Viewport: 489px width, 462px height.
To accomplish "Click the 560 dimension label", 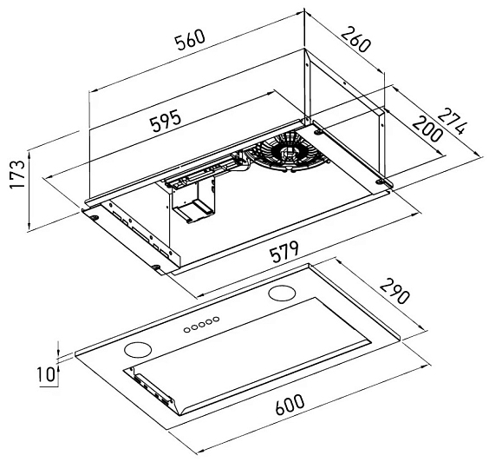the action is [190, 40].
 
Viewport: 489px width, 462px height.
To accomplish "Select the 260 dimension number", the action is [355, 40].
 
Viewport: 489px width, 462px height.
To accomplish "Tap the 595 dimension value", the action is [166, 121].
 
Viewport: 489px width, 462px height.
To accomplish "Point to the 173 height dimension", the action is [17, 174].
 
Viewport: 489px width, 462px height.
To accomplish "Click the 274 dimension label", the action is [453, 122].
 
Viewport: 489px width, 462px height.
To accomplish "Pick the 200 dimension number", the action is [427, 129].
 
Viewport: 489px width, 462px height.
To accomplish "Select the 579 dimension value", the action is [284, 252].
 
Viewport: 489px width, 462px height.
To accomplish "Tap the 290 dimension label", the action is [394, 292].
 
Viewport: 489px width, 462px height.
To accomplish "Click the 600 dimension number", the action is [290, 405].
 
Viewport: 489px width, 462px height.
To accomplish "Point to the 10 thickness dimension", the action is [46, 374].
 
